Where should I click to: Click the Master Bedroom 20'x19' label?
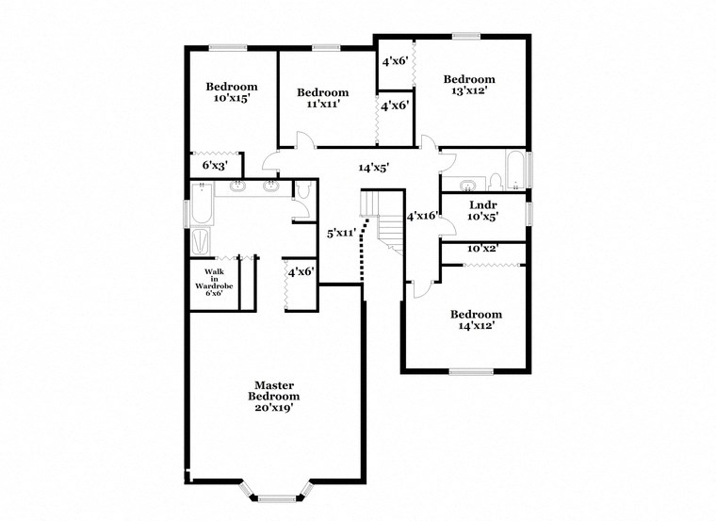(x=273, y=397)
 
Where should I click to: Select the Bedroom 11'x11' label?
(x=322, y=98)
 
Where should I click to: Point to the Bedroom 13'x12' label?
(x=469, y=85)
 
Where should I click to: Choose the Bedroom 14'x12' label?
(x=475, y=319)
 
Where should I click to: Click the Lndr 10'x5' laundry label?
(x=482, y=209)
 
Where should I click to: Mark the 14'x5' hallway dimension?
(x=373, y=168)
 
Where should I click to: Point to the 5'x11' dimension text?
(x=340, y=232)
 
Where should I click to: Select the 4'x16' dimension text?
(x=421, y=216)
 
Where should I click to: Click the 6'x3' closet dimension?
(x=216, y=165)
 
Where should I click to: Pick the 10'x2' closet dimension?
(x=482, y=249)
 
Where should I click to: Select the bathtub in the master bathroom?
(x=202, y=205)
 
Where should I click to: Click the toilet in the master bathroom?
(x=301, y=191)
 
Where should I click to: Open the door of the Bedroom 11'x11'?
(x=303, y=142)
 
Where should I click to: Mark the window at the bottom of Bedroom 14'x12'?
(x=471, y=371)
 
